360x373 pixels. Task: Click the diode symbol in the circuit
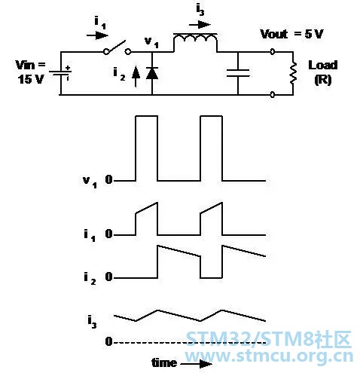(x=152, y=73)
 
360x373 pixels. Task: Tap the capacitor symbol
(x=238, y=73)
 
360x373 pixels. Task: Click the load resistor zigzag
(x=293, y=73)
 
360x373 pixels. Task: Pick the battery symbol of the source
(x=60, y=73)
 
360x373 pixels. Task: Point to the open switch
(x=117, y=47)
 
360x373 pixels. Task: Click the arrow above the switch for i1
(x=97, y=35)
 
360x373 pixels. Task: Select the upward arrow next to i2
(x=136, y=76)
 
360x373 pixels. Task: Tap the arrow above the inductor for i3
(x=200, y=25)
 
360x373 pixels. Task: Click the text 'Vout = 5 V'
(x=291, y=34)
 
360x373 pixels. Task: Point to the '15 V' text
(x=31, y=79)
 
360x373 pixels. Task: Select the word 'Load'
(x=323, y=65)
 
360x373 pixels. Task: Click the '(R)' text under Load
(x=323, y=80)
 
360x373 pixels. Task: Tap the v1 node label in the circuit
(x=151, y=42)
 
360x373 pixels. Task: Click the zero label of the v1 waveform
(x=109, y=179)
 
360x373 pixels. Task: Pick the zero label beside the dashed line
(x=109, y=341)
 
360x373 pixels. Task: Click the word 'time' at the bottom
(x=164, y=362)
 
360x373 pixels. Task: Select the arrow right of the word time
(x=197, y=364)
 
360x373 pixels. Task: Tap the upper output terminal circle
(x=273, y=52)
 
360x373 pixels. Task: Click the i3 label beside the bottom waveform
(x=92, y=323)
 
